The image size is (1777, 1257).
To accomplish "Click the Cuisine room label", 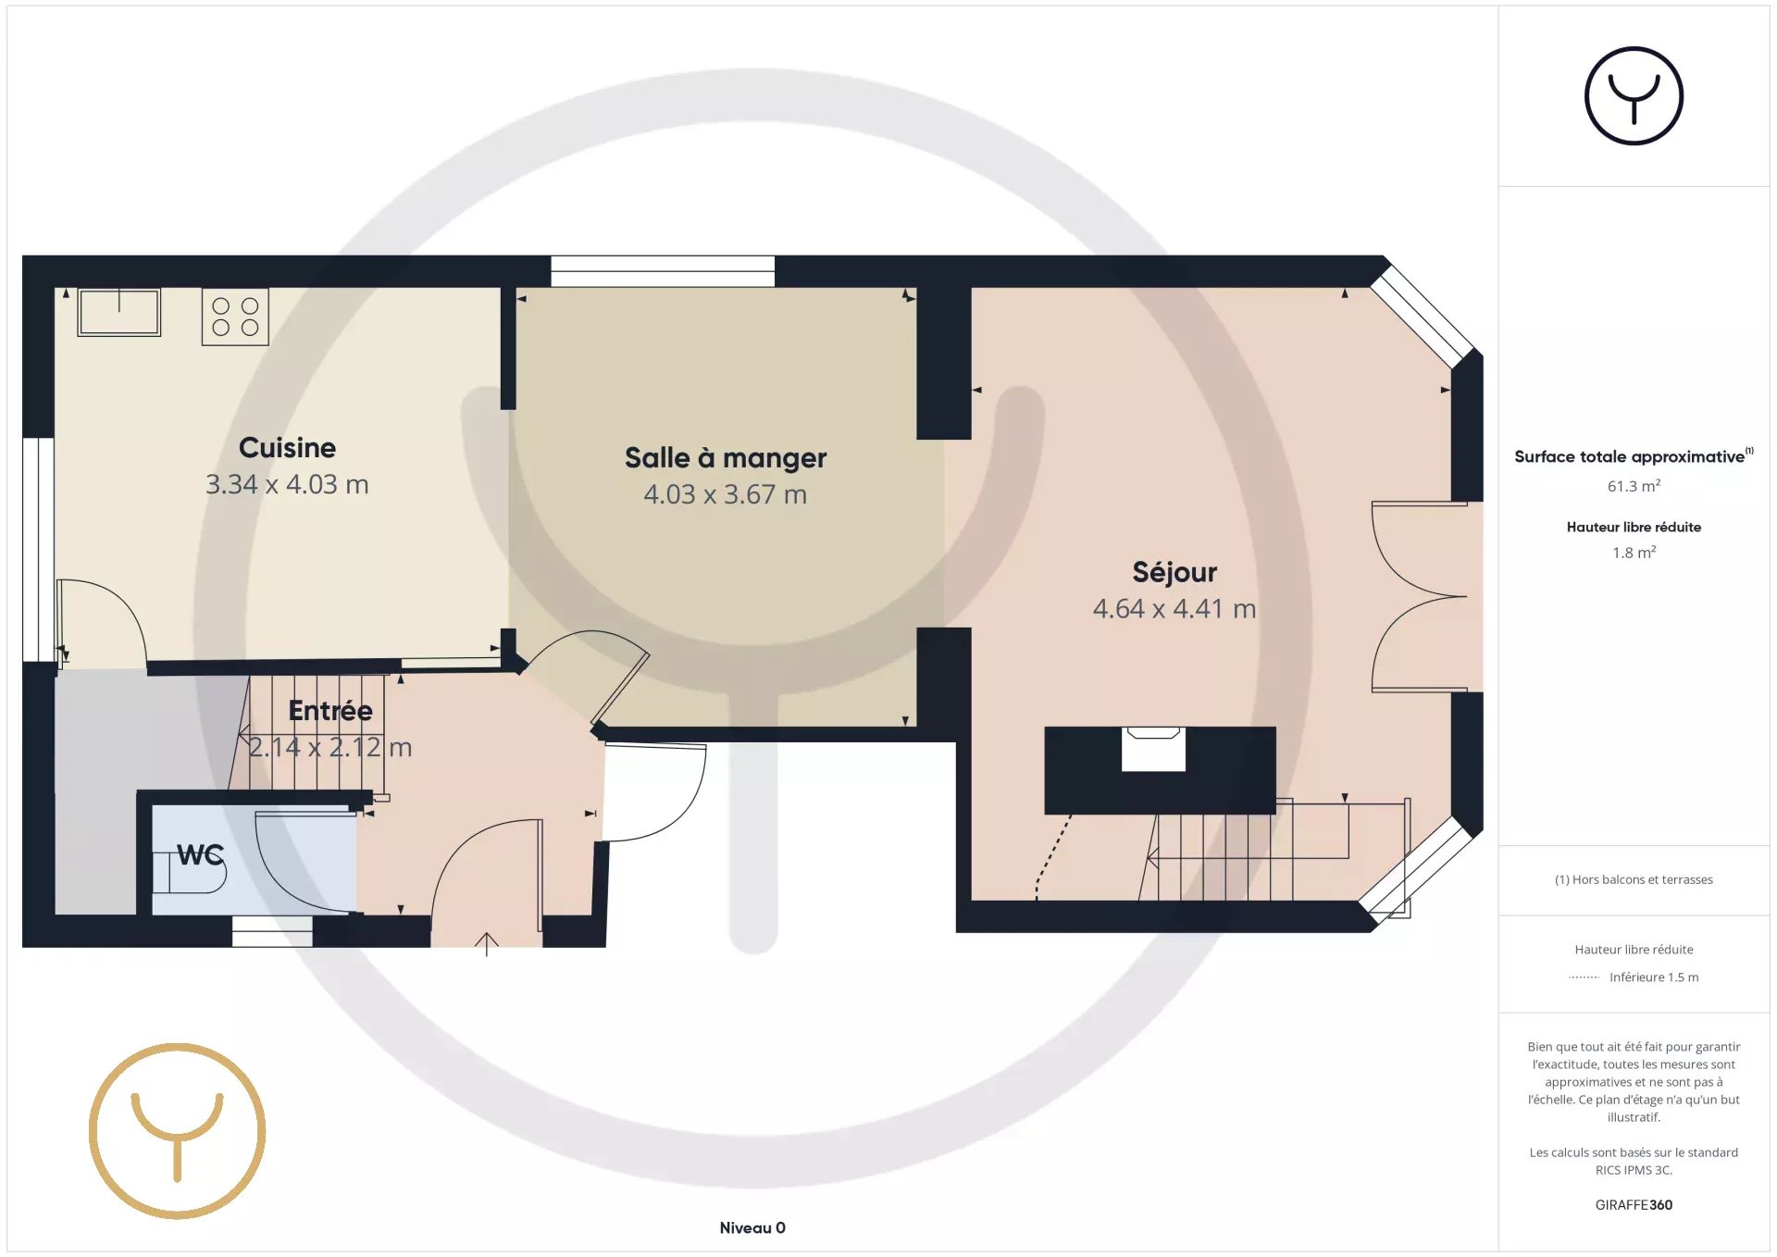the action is [x=287, y=448].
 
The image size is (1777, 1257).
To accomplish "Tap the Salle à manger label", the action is [x=726, y=458].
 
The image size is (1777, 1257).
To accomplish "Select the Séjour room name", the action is [x=1174, y=572].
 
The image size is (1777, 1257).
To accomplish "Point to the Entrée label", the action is [x=330, y=711].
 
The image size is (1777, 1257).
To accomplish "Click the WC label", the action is [x=201, y=854].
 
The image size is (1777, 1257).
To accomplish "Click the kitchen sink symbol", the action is [x=119, y=312].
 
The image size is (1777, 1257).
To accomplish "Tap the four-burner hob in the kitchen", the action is [x=235, y=317].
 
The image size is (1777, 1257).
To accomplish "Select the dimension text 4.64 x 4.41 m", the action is [x=1174, y=609].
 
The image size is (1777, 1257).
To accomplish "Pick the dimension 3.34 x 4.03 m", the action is [x=287, y=484].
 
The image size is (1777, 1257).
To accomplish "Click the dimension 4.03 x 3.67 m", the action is [x=726, y=494].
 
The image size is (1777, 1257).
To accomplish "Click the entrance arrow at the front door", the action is [x=487, y=944].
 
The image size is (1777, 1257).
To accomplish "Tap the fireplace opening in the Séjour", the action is [x=1153, y=749].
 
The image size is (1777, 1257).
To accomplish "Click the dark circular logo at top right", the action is [x=1634, y=95].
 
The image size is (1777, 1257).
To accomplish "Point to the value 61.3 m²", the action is [x=1634, y=486].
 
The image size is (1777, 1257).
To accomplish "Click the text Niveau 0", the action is [x=752, y=1227].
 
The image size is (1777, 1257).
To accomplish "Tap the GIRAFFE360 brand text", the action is [x=1634, y=1204].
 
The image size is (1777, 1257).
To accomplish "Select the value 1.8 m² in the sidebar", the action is [x=1634, y=553].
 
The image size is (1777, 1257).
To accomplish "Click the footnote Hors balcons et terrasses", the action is [x=1634, y=879].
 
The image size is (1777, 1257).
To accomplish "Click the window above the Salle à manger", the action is [x=663, y=271].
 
